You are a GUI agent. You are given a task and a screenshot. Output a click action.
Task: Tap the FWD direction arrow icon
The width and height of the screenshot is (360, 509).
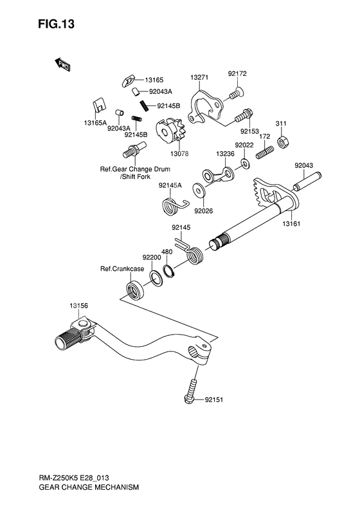(63, 64)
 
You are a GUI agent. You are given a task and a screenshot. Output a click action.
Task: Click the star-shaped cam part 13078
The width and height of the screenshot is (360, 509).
(171, 133)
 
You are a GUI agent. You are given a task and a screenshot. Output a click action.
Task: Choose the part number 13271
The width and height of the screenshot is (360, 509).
(199, 77)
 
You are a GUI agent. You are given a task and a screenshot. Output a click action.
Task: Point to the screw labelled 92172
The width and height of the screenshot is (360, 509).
(233, 96)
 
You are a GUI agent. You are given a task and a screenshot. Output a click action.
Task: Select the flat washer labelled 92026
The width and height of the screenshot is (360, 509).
(201, 191)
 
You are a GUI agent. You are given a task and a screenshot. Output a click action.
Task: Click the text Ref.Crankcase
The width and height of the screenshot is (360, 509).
(121, 269)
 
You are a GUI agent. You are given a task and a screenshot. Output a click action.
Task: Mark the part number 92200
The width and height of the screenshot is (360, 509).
(152, 257)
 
